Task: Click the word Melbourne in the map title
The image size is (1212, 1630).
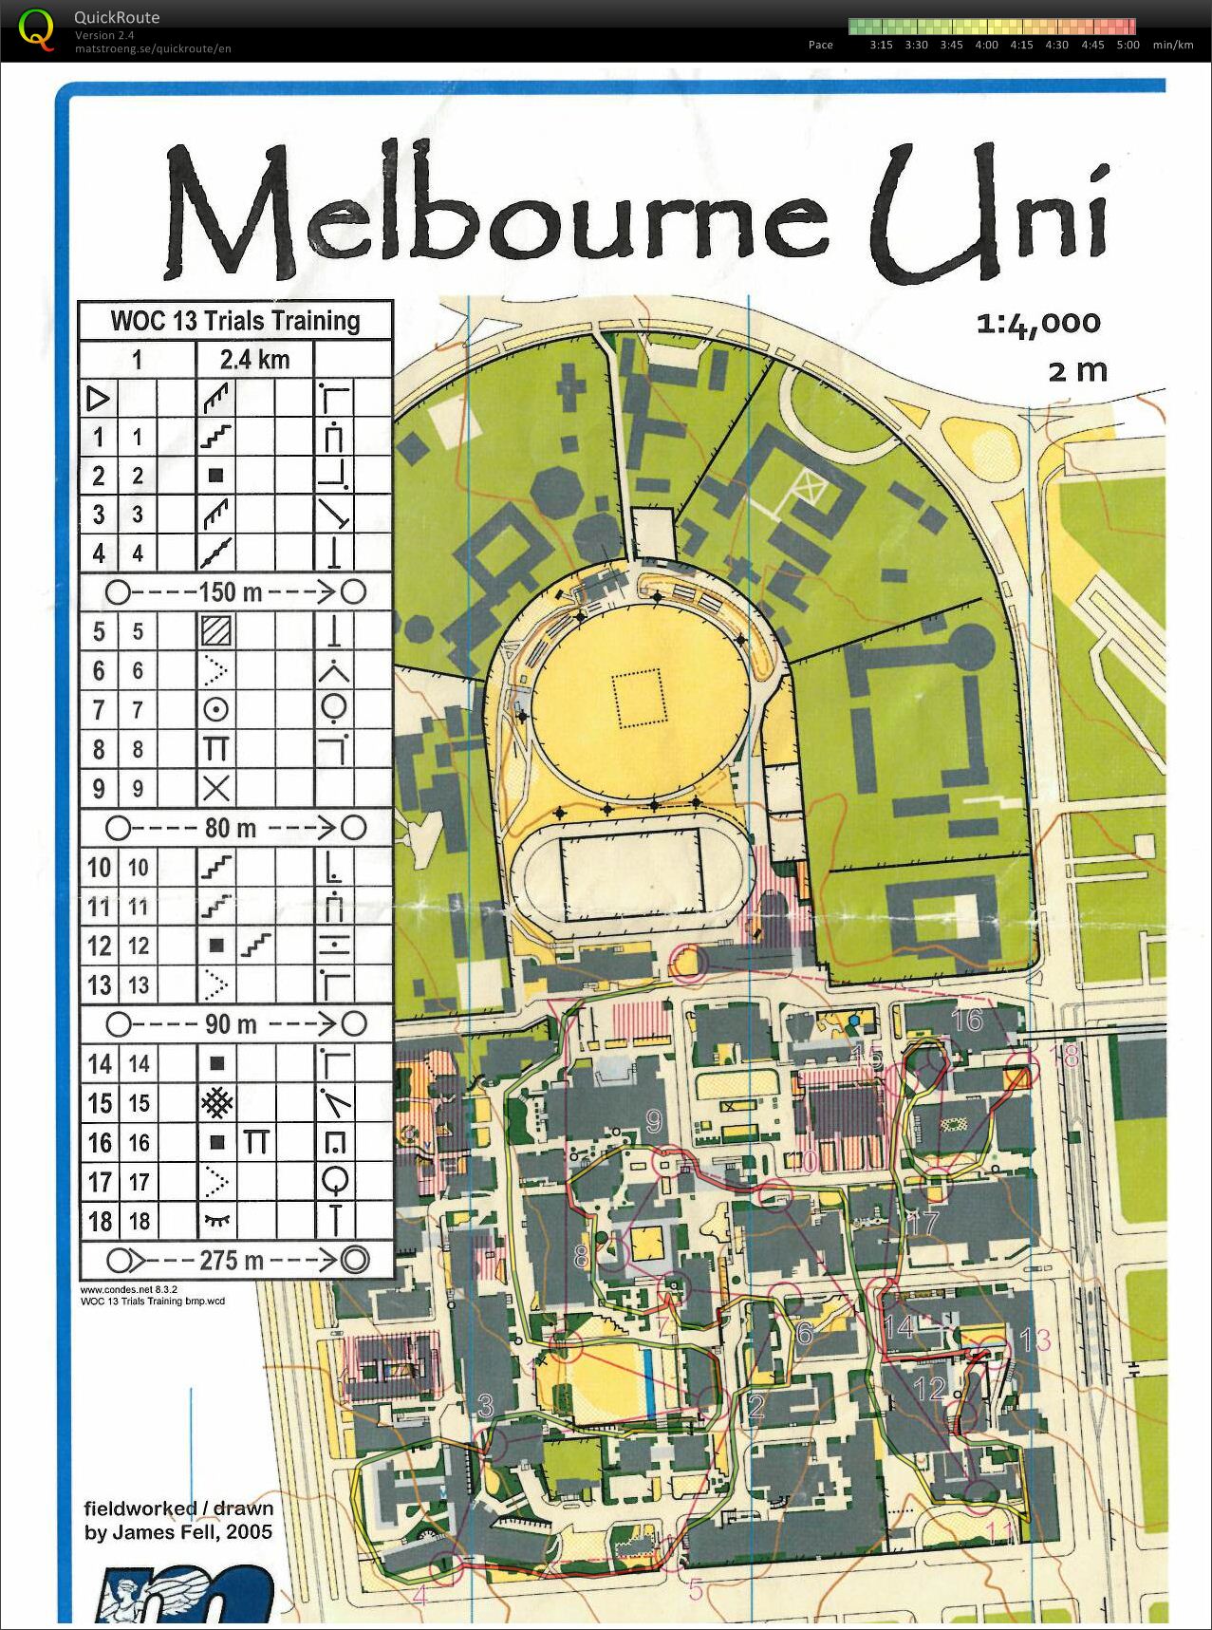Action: point(494,214)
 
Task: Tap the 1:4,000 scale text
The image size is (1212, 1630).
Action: point(1038,325)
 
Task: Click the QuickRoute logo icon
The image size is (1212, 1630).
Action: point(36,28)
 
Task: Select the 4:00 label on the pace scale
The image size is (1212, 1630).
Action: point(986,45)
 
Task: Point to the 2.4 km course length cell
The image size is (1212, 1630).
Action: point(254,360)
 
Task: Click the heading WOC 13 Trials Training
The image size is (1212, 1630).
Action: point(235,321)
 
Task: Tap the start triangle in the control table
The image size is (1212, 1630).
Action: point(98,398)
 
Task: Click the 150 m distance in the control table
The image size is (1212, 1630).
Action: point(230,592)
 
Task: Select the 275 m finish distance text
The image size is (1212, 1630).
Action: point(231,1260)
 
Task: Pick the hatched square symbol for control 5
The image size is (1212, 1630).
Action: point(216,631)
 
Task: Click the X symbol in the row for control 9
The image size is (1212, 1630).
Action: point(216,788)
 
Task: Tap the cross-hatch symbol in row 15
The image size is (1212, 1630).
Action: point(216,1103)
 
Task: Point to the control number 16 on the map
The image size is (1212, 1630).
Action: point(966,1019)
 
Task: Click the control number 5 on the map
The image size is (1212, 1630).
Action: point(696,1589)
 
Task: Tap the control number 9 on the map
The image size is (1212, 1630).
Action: point(653,1121)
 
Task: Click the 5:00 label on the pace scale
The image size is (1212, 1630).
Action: point(1128,45)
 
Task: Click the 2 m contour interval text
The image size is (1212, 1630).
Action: point(1077,370)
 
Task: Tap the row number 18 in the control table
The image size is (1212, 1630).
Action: point(99,1221)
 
